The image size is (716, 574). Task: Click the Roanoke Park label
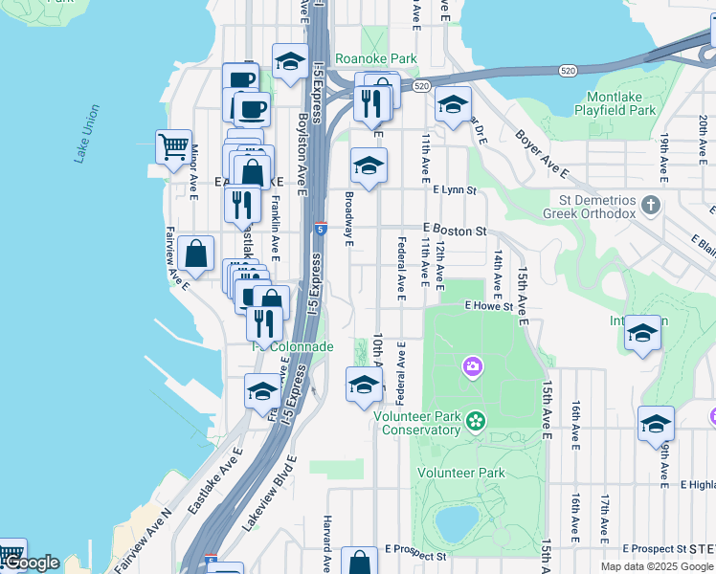[x=377, y=58]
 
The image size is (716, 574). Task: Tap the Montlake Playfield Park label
[x=615, y=103]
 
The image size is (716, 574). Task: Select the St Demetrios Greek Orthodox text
[x=592, y=207]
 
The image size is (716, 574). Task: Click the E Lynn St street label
[x=454, y=190]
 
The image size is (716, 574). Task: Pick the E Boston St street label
[x=456, y=231]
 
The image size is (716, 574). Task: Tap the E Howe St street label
[x=489, y=306]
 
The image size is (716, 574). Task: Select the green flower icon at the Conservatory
[x=476, y=420]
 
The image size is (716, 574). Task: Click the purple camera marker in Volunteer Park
[x=472, y=366]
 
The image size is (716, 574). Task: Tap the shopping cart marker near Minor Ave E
[x=173, y=147]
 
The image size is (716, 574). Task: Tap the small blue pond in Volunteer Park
[x=455, y=522]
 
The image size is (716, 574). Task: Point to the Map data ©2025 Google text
[x=657, y=566]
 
